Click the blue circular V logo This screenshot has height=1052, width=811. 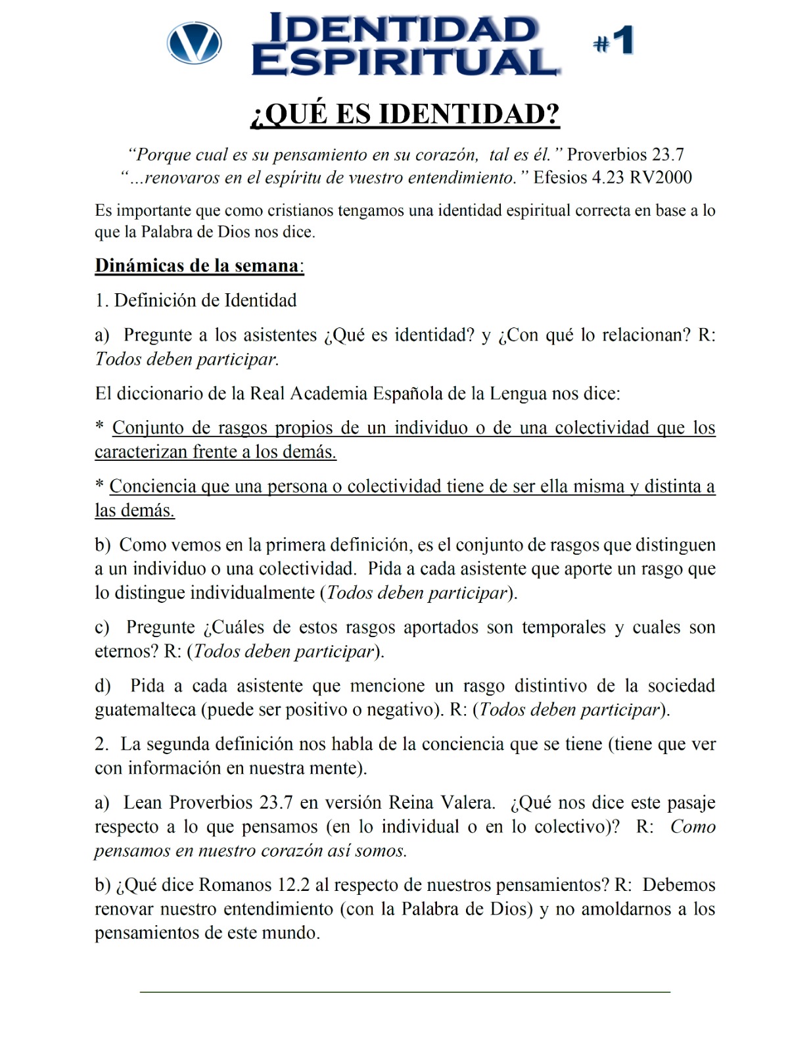195,43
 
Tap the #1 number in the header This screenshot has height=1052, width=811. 614,41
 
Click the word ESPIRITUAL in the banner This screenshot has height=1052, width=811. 405,62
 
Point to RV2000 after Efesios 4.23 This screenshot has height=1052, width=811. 660,178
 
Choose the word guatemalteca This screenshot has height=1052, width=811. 145,709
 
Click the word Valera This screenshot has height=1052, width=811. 468,803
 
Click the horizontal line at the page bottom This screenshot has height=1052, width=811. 405,991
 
